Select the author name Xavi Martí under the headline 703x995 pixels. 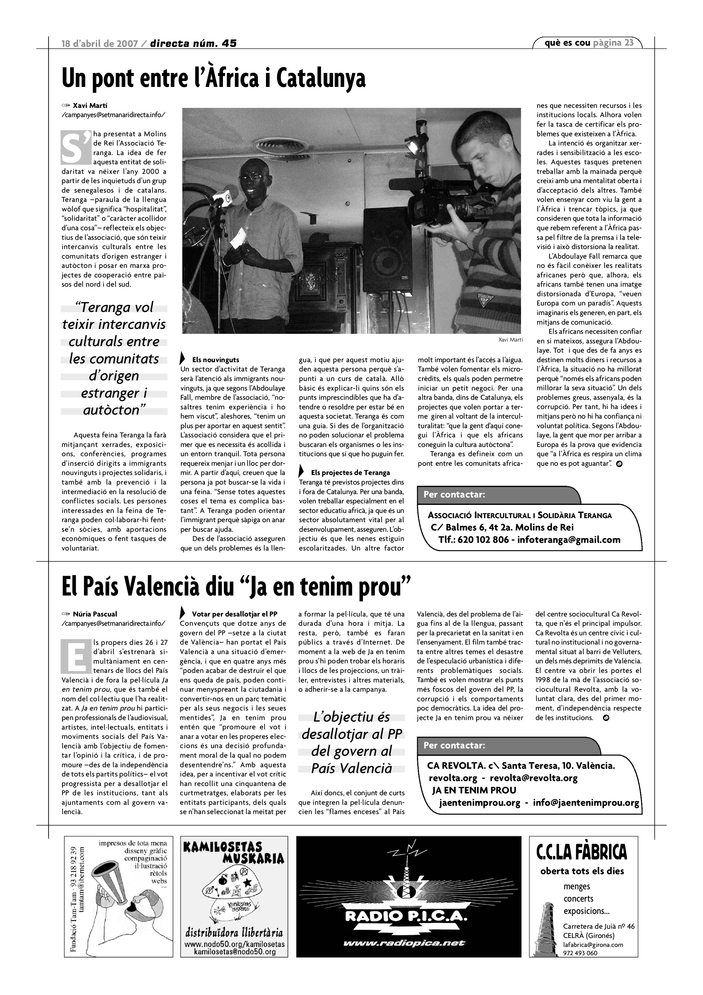click(90, 105)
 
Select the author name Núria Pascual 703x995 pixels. click(95, 614)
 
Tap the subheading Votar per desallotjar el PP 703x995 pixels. click(234, 614)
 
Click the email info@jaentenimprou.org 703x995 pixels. click(586, 803)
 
